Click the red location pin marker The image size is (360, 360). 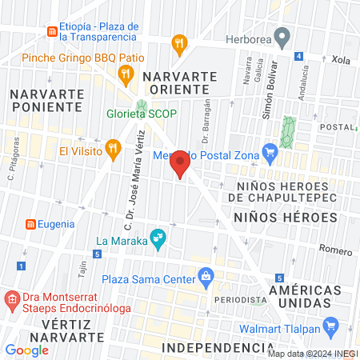(180, 164)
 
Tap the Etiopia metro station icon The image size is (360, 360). (52, 31)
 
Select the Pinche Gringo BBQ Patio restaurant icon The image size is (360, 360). (125, 74)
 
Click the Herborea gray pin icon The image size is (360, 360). (281, 36)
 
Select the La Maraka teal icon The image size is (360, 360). (158, 238)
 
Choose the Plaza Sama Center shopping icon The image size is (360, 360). (206, 278)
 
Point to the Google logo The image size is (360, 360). (27, 350)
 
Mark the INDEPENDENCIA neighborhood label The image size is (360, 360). (212, 348)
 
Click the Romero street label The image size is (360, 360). (337, 250)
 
